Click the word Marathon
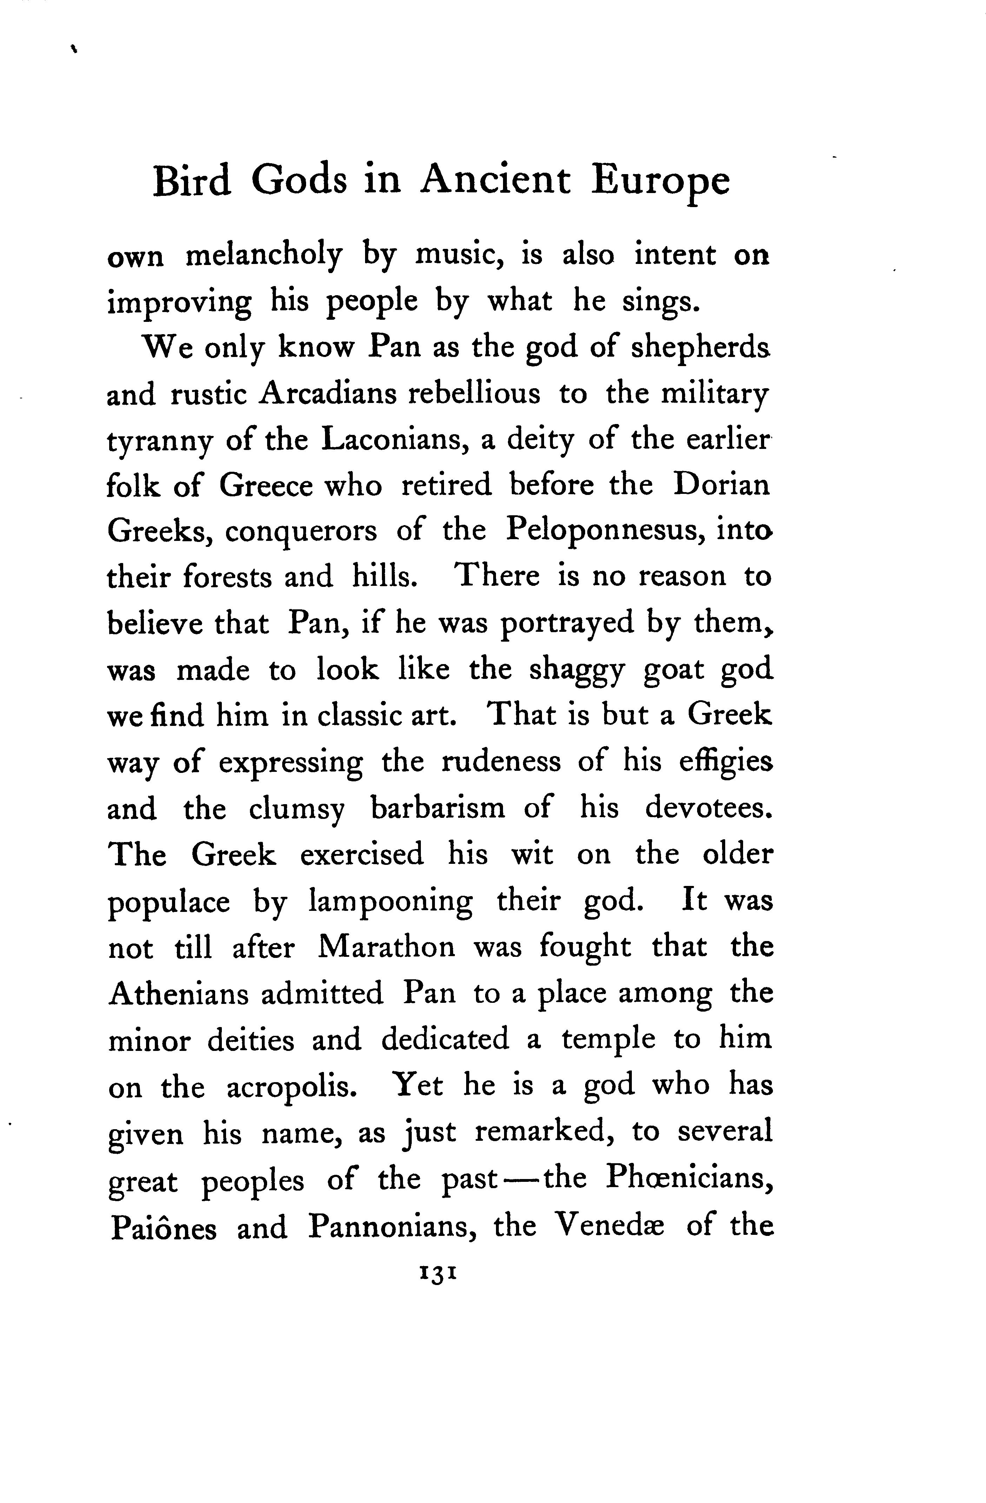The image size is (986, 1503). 386,947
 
